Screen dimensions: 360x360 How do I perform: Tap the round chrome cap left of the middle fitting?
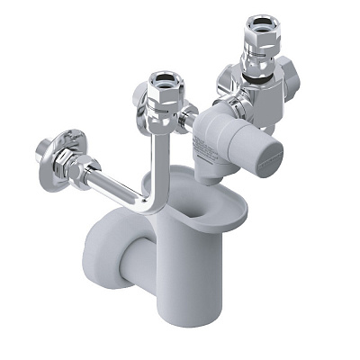(x=141, y=96)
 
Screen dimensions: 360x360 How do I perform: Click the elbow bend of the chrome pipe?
(x=153, y=202)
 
